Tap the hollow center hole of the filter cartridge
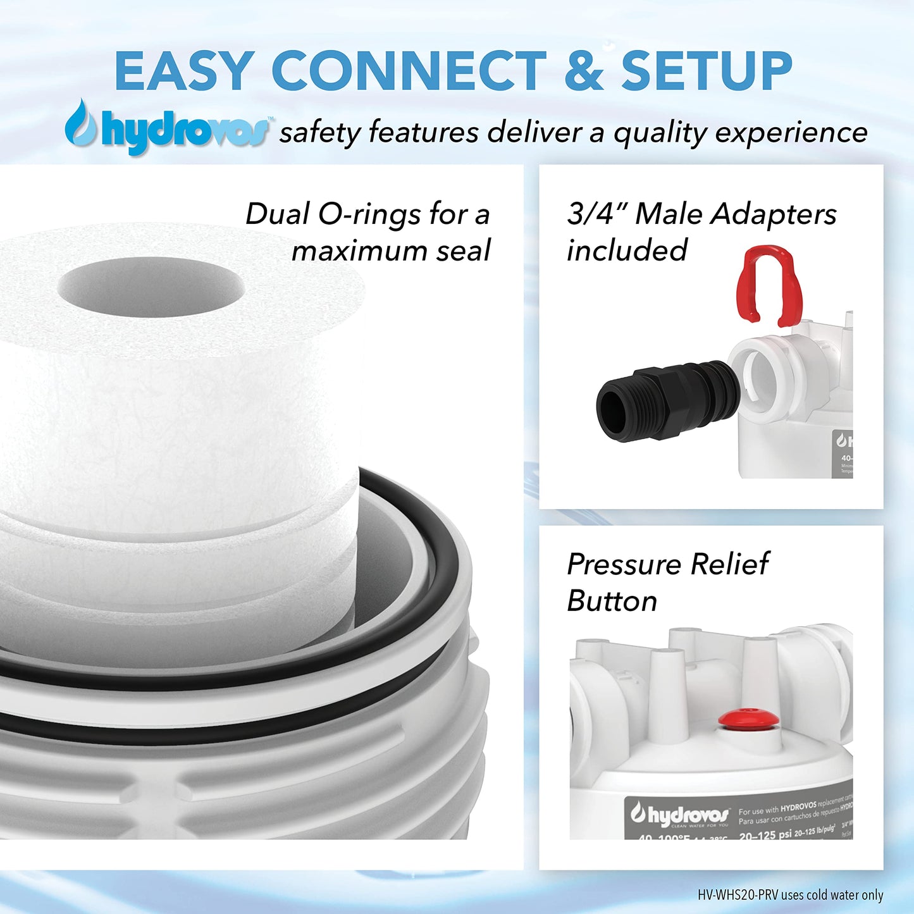pos(151,287)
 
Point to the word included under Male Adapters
pos(627,250)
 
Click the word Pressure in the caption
pos(623,564)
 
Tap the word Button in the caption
pos(612,601)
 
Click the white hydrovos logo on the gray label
pos(680,815)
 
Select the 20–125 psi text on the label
pos(765,836)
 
